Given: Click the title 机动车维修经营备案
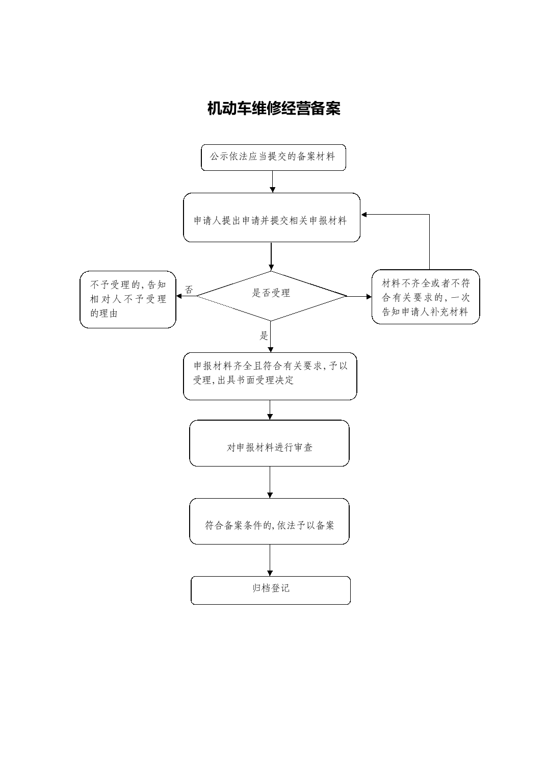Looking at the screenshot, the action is [x=274, y=108].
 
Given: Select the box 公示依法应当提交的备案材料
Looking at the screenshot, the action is [x=273, y=158].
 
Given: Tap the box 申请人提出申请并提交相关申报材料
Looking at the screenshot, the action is [x=272, y=217].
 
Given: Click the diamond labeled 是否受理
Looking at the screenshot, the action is [x=272, y=296].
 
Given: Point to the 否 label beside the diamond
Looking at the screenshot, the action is [x=189, y=289].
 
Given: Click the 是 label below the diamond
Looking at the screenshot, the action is [x=264, y=335].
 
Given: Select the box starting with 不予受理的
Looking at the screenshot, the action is [x=128, y=299].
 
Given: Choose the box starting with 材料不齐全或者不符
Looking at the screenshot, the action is [x=426, y=297].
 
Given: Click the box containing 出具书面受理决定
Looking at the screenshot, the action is [x=270, y=376].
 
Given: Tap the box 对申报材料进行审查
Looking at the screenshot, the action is [x=269, y=443].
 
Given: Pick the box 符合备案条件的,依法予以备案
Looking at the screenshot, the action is [x=269, y=521].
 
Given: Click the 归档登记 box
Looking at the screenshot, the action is [x=271, y=590].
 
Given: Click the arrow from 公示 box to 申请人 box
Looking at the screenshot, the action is [x=272, y=182].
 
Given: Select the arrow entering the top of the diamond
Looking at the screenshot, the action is [x=271, y=256].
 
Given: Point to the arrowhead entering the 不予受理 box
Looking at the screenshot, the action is [x=179, y=296].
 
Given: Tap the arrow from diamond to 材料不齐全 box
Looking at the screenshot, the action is [x=359, y=297].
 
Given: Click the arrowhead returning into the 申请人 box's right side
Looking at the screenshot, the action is [x=363, y=215].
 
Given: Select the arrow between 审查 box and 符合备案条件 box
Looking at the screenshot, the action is [x=270, y=482].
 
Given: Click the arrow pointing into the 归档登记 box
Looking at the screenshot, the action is [x=270, y=560].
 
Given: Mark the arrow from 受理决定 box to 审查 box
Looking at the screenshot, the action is [x=270, y=410].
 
